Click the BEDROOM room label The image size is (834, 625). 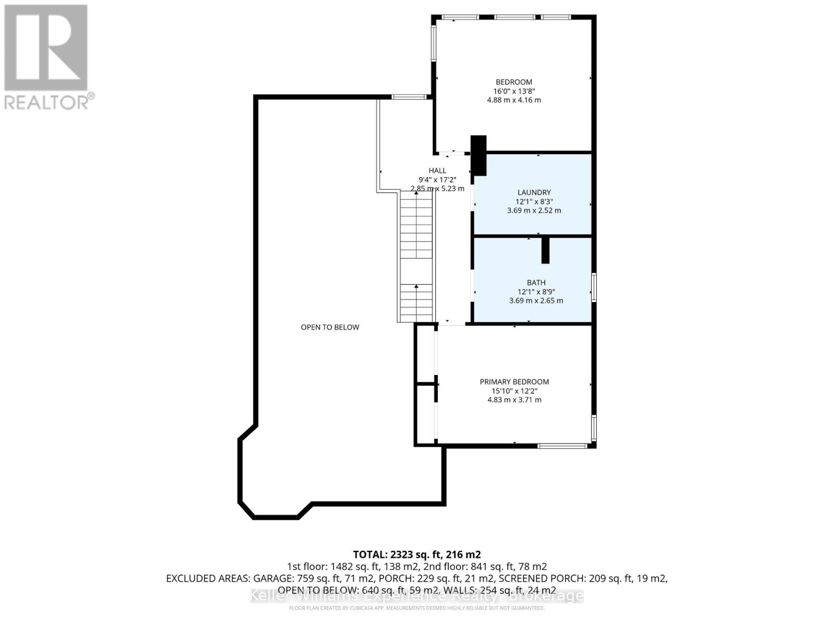pos(513,82)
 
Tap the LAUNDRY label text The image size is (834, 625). pos(534,192)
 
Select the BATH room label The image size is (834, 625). pos(536,282)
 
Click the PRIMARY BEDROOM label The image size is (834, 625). pos(514,382)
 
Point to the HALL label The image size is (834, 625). pos(437,170)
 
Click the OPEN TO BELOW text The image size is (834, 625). pos(330,327)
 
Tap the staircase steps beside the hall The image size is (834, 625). pos(416,255)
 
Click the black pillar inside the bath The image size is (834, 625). pos(545,251)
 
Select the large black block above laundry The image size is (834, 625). pos(479,155)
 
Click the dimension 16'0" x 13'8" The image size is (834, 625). pos(513,91)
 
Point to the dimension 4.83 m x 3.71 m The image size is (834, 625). pos(514,400)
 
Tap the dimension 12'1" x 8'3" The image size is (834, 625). pos(534,202)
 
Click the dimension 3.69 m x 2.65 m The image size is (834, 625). pos(536,301)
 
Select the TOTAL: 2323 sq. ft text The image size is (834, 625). pos(416,554)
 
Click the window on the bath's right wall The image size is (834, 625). pos(594,287)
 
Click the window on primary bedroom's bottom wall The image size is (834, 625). pos(562,446)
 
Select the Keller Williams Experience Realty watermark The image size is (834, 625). pos(416,595)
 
